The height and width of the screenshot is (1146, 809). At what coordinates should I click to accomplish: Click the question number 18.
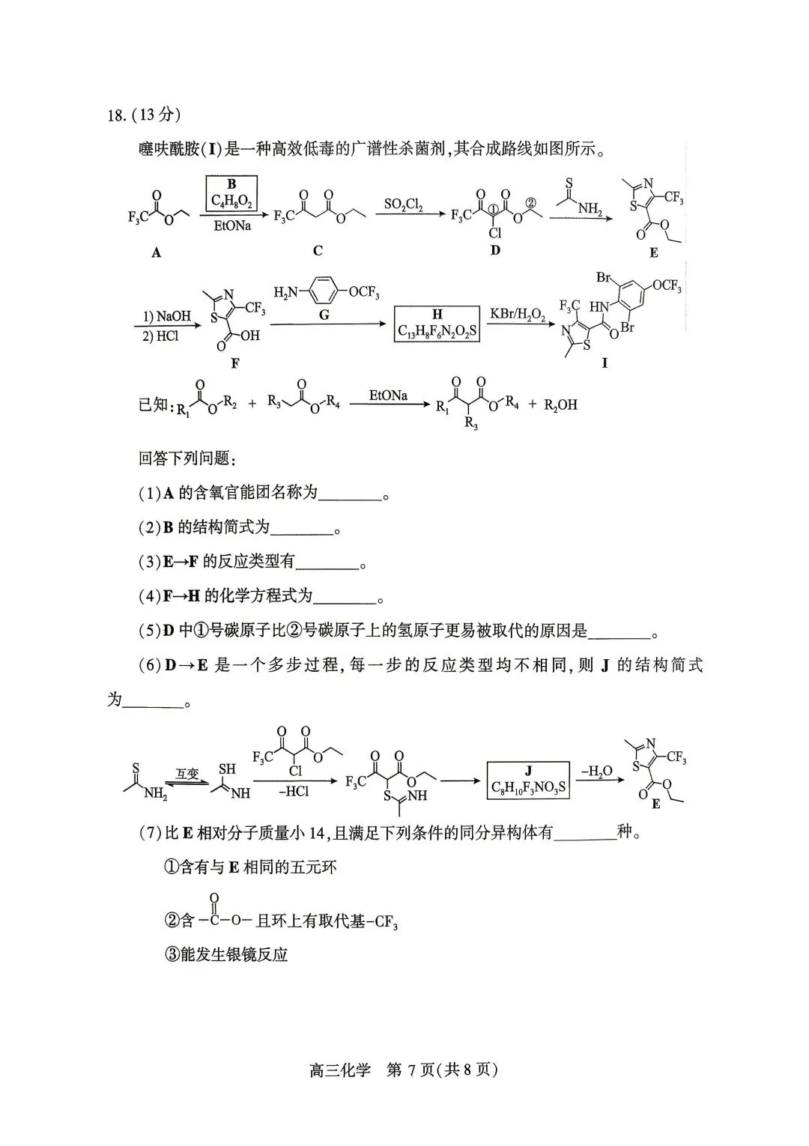pos(118,115)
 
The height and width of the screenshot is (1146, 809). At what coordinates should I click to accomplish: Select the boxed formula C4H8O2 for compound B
pos(231,201)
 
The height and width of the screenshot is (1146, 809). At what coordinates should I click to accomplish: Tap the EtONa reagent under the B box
pos(232,225)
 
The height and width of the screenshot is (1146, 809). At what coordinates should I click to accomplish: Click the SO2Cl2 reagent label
pos(403,204)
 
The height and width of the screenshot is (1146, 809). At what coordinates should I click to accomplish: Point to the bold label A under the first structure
pos(157,252)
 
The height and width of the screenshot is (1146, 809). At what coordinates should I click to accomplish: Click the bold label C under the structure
pos(318,251)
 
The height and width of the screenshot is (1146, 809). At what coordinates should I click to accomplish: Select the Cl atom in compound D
pos(495,233)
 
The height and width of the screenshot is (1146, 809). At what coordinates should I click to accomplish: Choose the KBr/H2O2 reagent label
pos(516,312)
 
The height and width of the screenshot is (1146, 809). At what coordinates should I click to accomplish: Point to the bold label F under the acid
pos(235,363)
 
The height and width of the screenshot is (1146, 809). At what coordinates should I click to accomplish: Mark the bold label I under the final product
pos(605,363)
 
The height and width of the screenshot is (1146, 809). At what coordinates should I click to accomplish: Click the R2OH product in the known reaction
pos(560,404)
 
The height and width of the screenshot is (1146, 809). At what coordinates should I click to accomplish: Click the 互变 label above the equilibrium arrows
pos(187,774)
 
